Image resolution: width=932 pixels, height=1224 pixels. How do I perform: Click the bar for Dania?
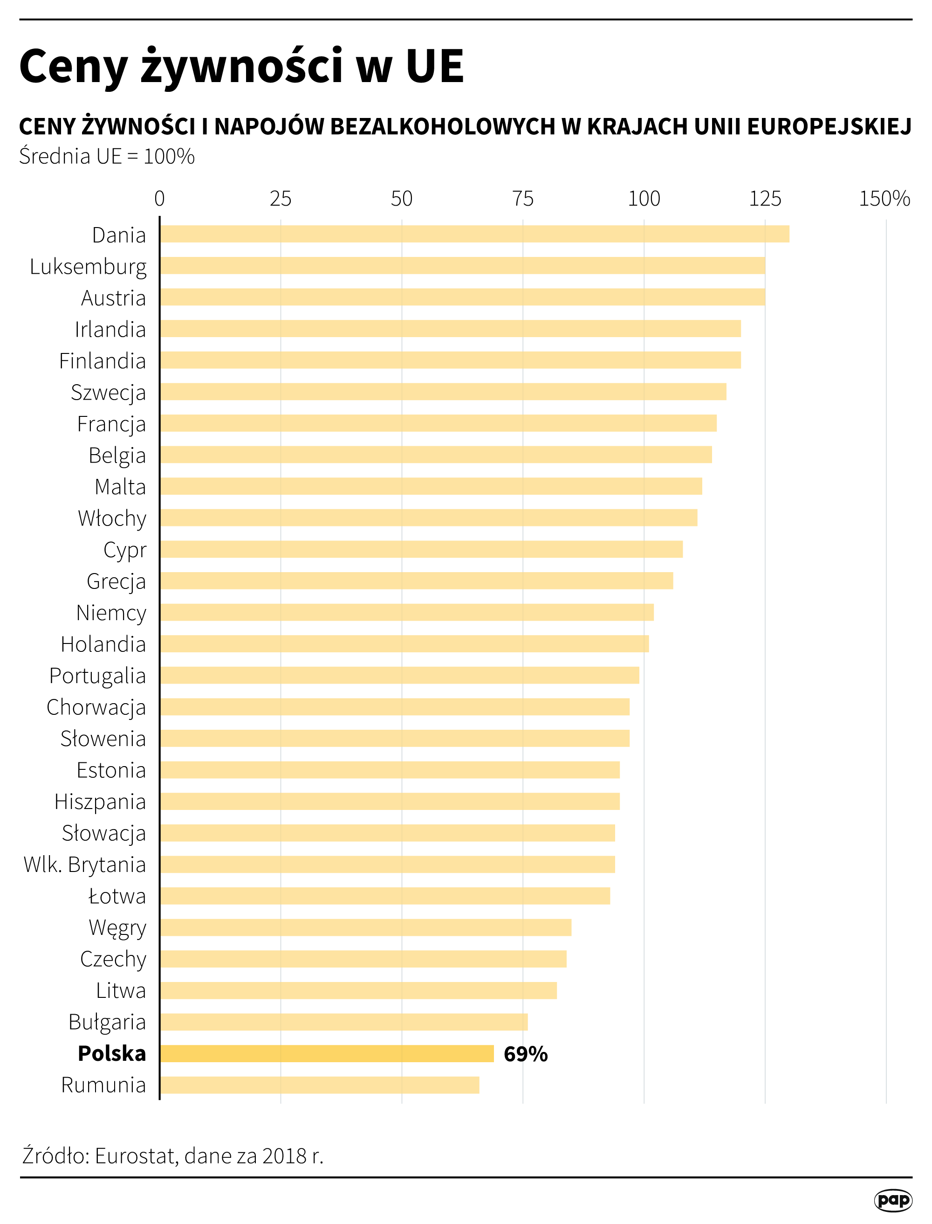click(474, 234)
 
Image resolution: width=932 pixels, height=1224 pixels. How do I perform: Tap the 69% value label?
click(525, 1054)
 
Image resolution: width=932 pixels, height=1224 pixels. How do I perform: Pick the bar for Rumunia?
click(320, 1085)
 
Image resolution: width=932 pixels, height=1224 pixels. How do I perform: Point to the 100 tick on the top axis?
click(644, 198)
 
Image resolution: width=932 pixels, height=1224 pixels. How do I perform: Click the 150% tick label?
click(884, 198)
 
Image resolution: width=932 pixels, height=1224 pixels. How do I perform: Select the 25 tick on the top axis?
click(280, 198)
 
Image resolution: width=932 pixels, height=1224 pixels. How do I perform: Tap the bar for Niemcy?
click(407, 612)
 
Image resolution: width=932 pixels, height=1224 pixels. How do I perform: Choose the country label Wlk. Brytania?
click(85, 864)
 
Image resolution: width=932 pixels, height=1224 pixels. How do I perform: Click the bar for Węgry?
click(366, 927)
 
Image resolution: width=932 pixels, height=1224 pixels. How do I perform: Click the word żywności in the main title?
click(242, 67)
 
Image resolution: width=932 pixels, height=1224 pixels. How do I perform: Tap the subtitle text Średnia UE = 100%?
click(107, 156)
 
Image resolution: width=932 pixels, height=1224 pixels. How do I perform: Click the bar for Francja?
click(438, 423)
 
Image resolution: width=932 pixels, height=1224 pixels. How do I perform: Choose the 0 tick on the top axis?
click(160, 198)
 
